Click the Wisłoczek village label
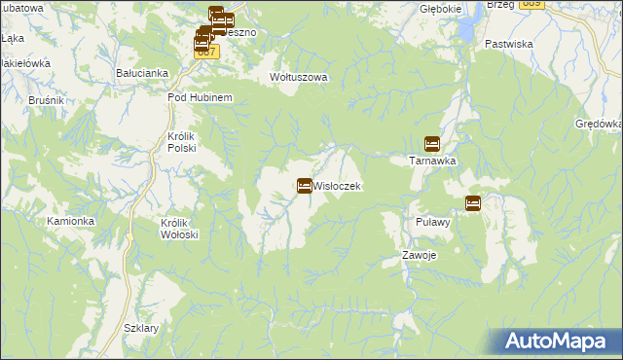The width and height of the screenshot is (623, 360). point(338,186)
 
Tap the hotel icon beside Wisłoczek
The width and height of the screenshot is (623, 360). point(305,185)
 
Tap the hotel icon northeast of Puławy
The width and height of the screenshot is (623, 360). point(473,203)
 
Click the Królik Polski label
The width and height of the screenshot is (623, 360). point(182,142)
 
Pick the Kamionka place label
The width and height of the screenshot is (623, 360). point(71,221)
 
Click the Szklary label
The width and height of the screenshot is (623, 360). point(141,328)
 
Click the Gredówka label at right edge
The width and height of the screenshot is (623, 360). point(599,125)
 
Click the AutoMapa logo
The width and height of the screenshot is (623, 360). point(558,342)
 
